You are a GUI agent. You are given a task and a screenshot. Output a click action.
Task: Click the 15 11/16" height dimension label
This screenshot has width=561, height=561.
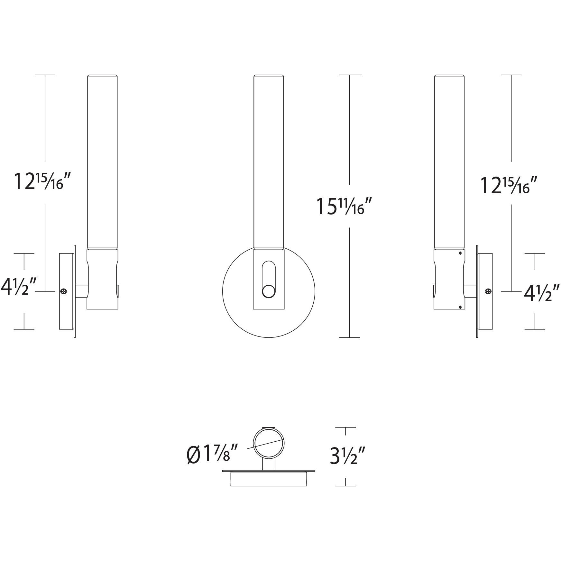(x=344, y=206)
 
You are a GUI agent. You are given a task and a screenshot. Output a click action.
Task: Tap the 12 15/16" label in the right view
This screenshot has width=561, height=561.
(x=509, y=186)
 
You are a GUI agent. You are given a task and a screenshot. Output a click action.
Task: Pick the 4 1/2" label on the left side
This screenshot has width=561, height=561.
(x=18, y=287)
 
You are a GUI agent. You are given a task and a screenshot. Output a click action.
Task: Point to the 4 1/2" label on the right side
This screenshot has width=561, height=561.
(x=542, y=293)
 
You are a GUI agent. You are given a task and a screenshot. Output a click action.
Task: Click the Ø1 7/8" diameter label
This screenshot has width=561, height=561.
(x=212, y=454)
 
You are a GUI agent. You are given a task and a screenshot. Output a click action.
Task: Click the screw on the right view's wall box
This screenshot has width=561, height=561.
(x=488, y=291)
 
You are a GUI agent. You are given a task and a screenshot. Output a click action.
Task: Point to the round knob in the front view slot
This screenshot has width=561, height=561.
(x=269, y=291)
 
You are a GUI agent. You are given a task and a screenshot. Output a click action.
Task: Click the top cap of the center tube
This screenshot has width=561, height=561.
(x=269, y=76)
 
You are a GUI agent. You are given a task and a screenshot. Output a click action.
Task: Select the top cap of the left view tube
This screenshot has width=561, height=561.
(x=102, y=76)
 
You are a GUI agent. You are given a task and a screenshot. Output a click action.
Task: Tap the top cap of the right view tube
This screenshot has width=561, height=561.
(x=449, y=76)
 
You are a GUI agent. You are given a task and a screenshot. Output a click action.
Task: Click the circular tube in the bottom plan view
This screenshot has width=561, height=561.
(x=269, y=443)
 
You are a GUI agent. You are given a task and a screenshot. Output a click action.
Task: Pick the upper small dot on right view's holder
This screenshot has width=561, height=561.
(x=460, y=253)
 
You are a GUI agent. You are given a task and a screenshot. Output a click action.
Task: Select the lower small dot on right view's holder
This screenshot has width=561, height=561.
(x=460, y=307)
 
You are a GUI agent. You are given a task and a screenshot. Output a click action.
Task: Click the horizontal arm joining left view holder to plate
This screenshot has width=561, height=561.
(x=81, y=291)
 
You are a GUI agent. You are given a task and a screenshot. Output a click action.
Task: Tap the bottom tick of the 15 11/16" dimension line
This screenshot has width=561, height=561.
(x=349, y=337)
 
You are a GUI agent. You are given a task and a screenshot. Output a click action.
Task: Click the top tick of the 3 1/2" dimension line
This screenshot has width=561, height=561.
(x=345, y=427)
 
